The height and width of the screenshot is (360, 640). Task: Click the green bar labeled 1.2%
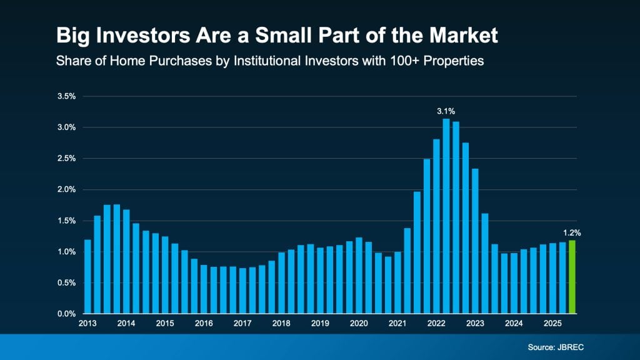click(x=572, y=276)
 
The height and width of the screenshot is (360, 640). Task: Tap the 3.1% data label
click(x=446, y=111)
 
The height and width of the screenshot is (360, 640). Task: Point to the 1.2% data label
click(x=572, y=232)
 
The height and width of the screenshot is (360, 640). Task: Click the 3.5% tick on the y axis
click(x=66, y=96)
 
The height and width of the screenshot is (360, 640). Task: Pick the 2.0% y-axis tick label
click(x=66, y=189)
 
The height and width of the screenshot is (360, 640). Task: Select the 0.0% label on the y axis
click(x=66, y=314)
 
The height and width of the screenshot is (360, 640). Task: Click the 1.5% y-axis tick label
click(x=66, y=221)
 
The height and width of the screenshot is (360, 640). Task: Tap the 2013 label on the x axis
click(x=87, y=324)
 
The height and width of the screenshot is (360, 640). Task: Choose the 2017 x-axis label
click(x=242, y=324)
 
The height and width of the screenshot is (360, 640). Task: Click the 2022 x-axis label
click(x=436, y=324)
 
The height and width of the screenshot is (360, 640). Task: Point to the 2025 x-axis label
click(x=552, y=324)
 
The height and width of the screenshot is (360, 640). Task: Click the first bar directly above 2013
click(x=87, y=276)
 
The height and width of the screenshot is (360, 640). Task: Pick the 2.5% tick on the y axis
click(x=66, y=158)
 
